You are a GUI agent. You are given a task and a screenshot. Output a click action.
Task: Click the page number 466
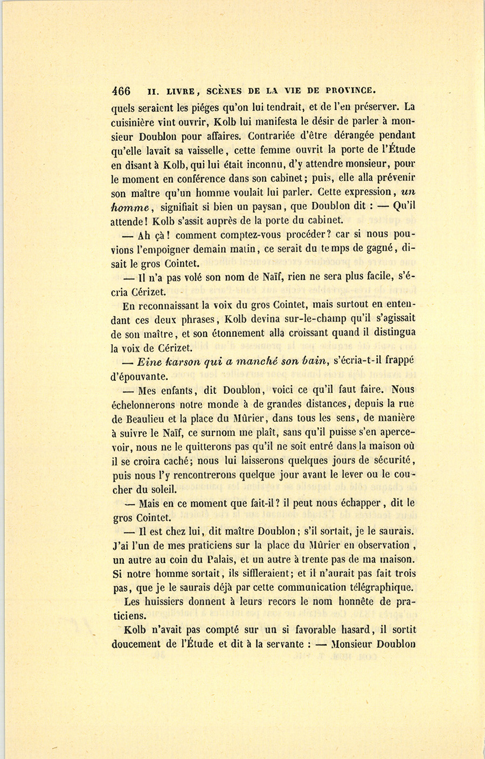click(x=121, y=90)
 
